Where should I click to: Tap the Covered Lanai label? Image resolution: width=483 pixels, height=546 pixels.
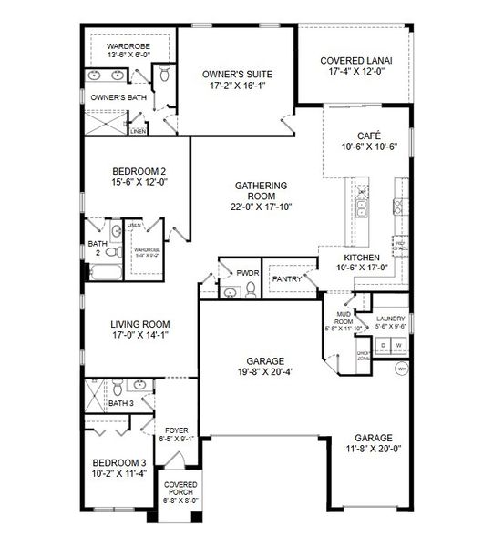point(355,62)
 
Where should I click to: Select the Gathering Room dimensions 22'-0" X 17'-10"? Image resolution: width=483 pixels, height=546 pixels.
point(261,207)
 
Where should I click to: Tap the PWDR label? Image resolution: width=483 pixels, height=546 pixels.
point(248,272)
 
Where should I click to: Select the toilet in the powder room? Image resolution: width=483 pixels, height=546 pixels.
point(230,291)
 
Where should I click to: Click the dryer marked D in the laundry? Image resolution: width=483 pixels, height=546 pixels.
point(385,346)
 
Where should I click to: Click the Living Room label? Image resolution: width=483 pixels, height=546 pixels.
point(140,324)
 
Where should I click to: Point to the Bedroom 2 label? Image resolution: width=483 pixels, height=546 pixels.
point(139,171)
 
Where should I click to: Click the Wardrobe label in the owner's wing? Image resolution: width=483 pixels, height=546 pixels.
point(128,45)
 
